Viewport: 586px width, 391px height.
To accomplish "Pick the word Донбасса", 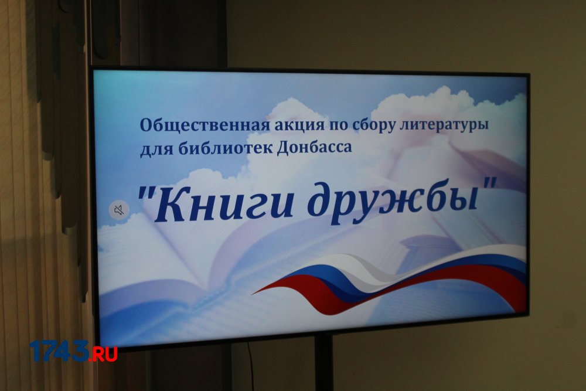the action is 314,147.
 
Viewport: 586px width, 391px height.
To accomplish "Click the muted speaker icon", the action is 119,210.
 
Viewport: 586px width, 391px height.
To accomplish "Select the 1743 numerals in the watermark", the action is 59,351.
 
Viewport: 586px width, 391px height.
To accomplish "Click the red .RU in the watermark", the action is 103,354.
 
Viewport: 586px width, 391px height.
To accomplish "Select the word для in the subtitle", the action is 156,149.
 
